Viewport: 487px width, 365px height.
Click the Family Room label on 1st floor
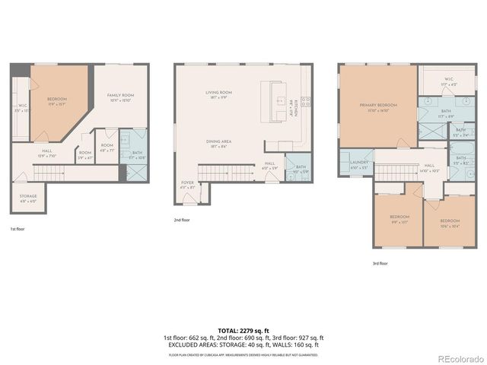click(x=119, y=97)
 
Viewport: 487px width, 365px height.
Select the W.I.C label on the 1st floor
click(x=22, y=108)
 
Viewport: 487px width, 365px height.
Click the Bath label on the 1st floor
click(x=137, y=154)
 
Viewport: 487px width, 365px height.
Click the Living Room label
click(x=218, y=94)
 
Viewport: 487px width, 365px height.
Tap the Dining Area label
click(x=218, y=143)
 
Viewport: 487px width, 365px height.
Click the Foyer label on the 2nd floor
click(x=187, y=184)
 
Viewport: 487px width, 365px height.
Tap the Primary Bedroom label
click(x=378, y=108)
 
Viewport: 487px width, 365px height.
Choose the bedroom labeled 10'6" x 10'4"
click(x=449, y=223)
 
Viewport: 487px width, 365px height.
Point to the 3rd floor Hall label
click(x=429, y=167)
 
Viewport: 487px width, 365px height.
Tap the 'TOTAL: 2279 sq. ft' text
click(x=243, y=331)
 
